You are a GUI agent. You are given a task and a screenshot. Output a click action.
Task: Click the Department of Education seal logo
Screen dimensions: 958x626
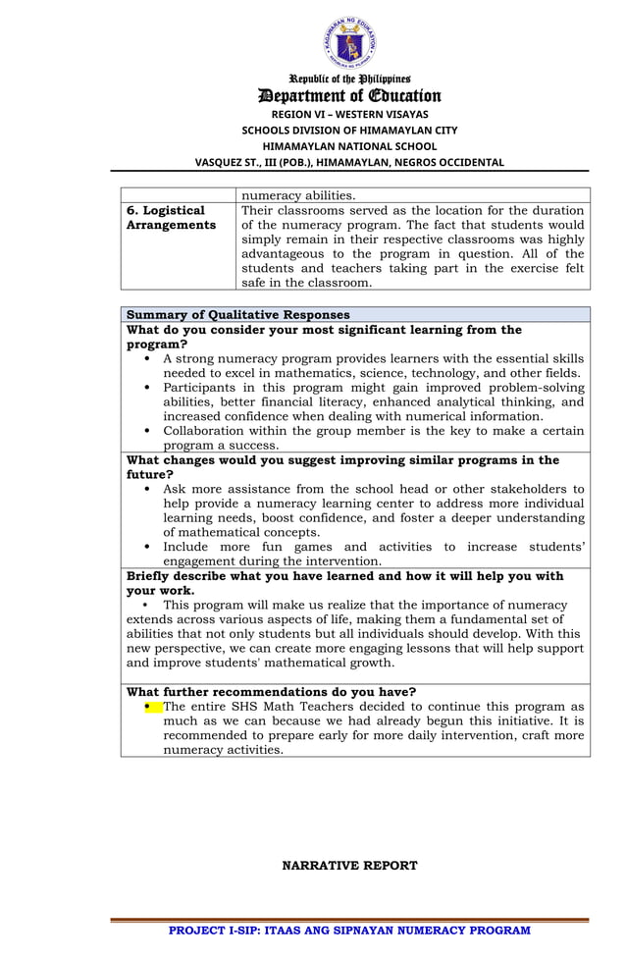click(x=350, y=42)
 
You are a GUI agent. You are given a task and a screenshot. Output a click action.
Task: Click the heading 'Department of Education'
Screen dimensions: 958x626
click(x=349, y=95)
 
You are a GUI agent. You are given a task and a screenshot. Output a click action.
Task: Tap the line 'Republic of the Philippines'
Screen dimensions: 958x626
click(x=349, y=79)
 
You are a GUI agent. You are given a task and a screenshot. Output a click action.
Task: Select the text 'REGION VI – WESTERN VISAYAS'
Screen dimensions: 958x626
click(x=349, y=114)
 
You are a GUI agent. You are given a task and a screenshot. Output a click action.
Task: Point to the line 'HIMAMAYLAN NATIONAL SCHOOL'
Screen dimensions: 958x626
click(x=349, y=145)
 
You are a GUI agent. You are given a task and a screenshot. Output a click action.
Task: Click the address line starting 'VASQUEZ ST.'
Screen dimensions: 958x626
click(x=349, y=162)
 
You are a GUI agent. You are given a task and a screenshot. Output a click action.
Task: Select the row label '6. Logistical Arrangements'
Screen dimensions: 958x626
click(x=171, y=218)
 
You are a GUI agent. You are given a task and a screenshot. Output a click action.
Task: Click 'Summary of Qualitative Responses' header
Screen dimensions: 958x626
click(x=238, y=314)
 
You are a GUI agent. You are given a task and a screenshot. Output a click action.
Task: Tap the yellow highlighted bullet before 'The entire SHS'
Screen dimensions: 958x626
click(x=149, y=706)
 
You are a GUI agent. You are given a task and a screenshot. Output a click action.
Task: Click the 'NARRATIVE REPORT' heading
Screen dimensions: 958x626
click(x=349, y=865)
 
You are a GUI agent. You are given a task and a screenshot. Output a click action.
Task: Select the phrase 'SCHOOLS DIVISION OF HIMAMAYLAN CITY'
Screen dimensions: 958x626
click(x=349, y=130)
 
